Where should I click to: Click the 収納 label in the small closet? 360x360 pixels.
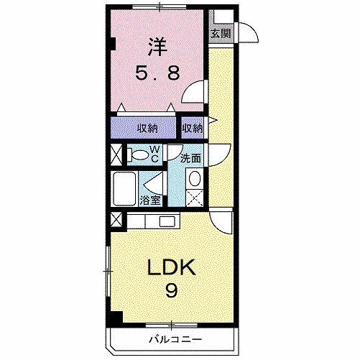pos(192,128)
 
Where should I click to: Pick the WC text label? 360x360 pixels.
pos(155,153)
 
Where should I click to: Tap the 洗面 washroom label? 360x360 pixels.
pos(190,158)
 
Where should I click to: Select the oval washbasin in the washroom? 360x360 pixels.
pos(194,180)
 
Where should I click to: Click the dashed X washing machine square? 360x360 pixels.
pos(194,198)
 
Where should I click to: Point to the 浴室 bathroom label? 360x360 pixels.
pos(150,200)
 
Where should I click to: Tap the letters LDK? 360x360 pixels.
pos(172,268)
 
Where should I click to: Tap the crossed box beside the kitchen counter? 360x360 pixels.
pos(116,219)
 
